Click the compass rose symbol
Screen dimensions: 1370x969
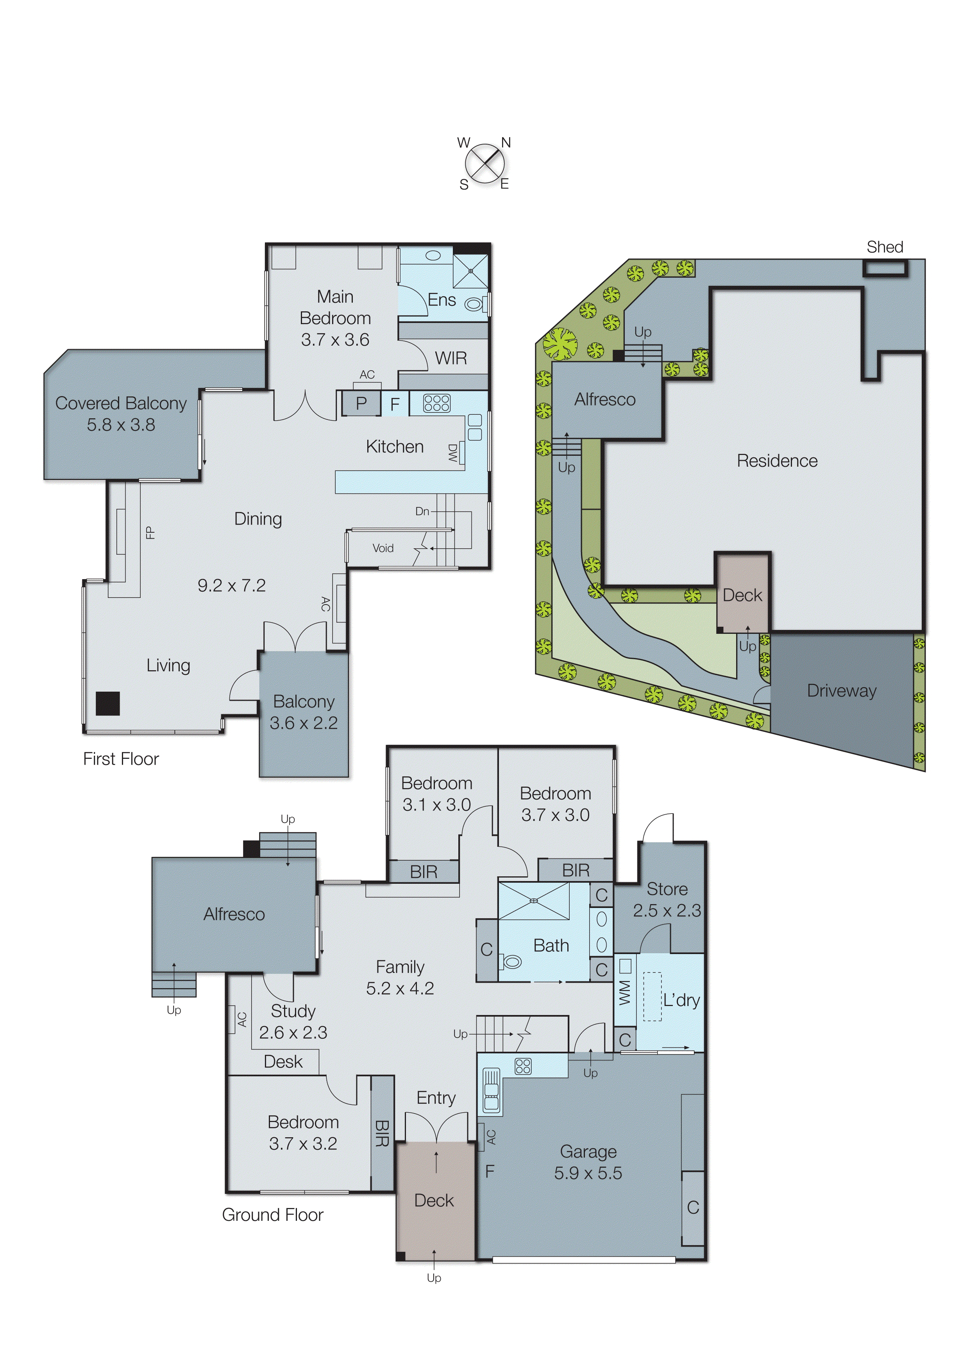[x=484, y=164]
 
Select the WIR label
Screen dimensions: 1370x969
[x=451, y=358]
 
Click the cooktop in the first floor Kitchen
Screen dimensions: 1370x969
[x=436, y=403]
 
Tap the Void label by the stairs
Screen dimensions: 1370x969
[x=383, y=548]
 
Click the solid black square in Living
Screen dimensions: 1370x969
[x=108, y=703]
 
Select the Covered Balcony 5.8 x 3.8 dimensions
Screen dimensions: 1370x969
[x=121, y=425]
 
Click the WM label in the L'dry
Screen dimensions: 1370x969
[x=624, y=992]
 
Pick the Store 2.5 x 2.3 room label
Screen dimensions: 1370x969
[x=667, y=900]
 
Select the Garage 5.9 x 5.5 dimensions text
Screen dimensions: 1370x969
[x=588, y=1173]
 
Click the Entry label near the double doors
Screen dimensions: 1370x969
[x=436, y=1098]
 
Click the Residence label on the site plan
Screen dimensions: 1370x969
[x=777, y=461]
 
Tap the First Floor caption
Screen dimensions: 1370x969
[x=121, y=759]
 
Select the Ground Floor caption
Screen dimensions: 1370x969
[x=272, y=1215]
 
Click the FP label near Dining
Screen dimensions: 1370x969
[x=150, y=532]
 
